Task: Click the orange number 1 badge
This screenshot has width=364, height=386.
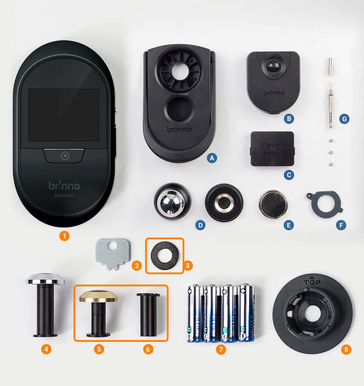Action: coord(65,236)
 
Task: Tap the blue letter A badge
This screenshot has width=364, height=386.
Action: coord(210,158)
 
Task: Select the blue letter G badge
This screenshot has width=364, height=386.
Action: coord(344,119)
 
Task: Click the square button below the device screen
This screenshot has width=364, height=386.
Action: coord(64,155)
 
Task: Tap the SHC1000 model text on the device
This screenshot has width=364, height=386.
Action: coord(64,196)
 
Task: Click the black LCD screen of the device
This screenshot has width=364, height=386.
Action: coord(64,115)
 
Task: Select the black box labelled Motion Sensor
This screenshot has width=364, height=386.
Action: coord(272,148)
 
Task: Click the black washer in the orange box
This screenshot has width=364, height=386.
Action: coord(164,255)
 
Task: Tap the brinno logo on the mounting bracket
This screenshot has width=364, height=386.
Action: coord(179,129)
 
